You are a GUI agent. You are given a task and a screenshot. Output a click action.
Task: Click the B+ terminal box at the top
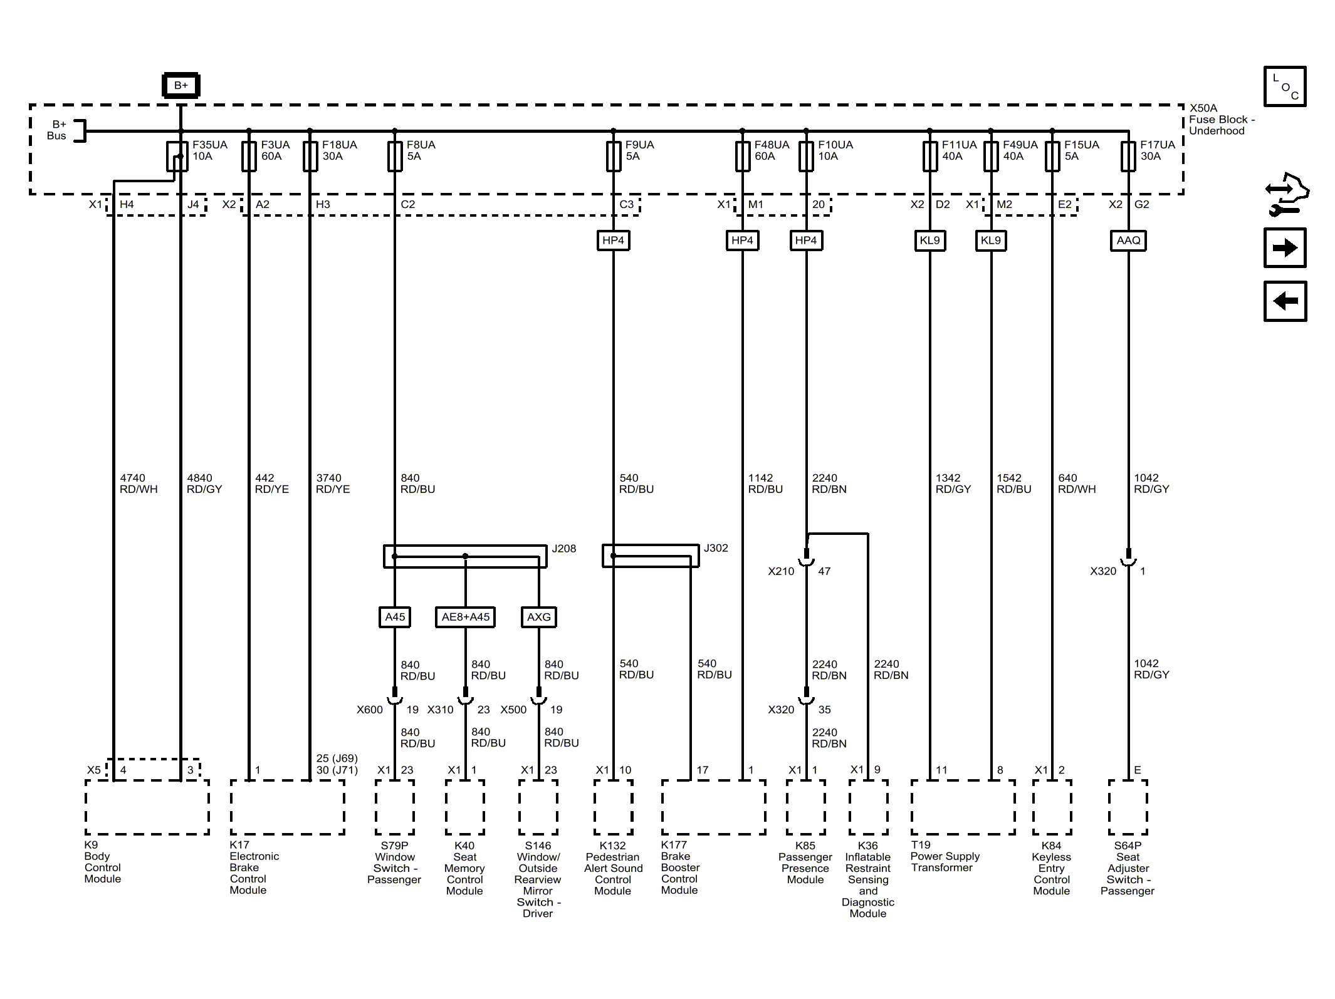[x=181, y=85]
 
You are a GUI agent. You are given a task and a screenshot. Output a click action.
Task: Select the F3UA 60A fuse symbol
[x=249, y=156]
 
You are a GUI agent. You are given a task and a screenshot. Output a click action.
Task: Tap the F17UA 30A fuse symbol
[x=1128, y=156]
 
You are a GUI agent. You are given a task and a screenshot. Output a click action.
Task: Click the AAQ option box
[x=1128, y=241]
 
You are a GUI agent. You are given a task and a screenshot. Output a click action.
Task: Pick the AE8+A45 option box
[x=465, y=617]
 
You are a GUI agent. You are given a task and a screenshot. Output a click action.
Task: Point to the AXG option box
[x=538, y=617]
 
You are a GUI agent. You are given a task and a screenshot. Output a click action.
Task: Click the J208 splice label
[x=563, y=549]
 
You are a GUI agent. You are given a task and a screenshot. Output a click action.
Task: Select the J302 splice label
[x=716, y=548]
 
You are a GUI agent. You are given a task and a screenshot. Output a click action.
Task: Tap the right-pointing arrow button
[x=1285, y=248]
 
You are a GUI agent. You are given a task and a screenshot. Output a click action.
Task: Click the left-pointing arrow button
[x=1285, y=301]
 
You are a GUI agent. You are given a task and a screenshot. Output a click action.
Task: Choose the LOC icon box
[x=1285, y=86]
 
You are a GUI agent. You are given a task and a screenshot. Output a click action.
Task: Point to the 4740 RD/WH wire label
[x=139, y=484]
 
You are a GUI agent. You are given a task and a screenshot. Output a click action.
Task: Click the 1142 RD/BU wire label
[x=765, y=484]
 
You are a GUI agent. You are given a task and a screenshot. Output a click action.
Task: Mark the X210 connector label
[x=781, y=571]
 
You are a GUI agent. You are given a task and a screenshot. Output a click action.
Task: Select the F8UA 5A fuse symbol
[x=395, y=156]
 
